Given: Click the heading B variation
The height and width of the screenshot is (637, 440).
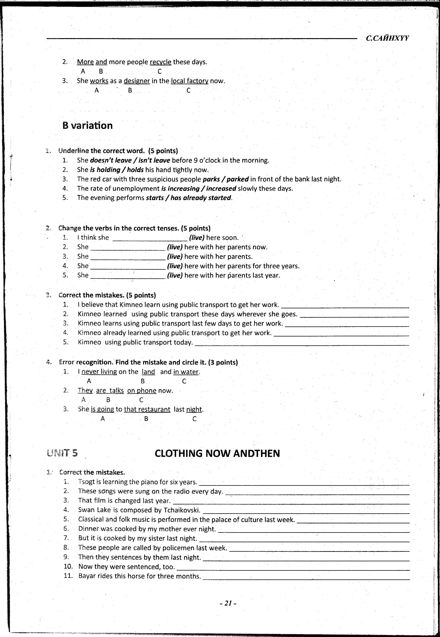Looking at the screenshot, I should (87, 126).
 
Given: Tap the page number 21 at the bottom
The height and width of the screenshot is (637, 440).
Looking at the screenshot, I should (228, 603).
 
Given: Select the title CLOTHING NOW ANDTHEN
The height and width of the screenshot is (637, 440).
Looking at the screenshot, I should (217, 453).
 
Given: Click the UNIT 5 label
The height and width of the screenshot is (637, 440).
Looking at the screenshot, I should (62, 453).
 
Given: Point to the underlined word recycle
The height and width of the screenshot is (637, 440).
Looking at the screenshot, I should (161, 62).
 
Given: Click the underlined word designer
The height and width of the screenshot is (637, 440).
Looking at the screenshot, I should (137, 81).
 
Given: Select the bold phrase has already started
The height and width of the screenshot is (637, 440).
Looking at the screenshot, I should (201, 198).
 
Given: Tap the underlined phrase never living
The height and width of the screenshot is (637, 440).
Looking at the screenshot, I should (99, 372).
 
